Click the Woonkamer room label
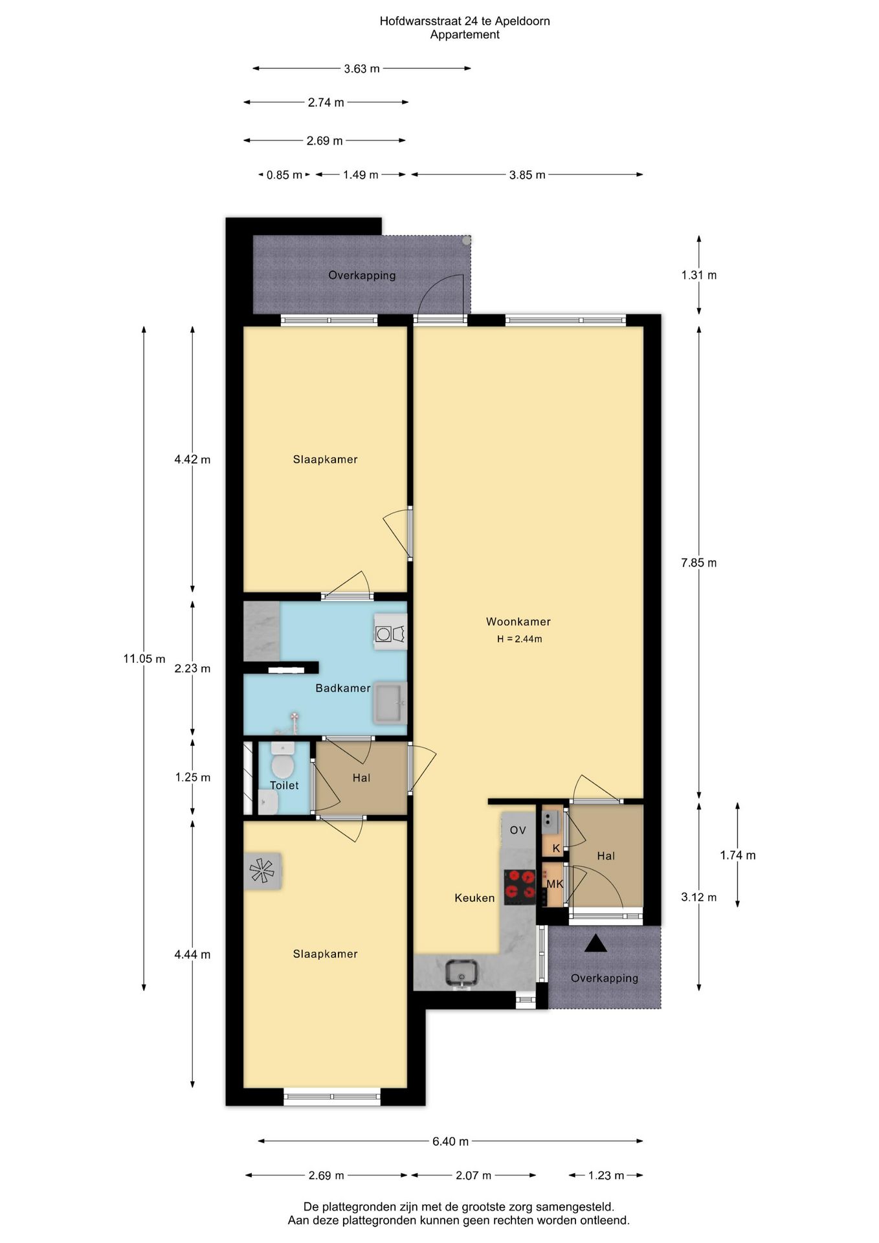(518, 621)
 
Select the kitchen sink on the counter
(462, 972)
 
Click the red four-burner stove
(520, 886)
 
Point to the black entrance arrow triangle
(595, 944)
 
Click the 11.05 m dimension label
(144, 658)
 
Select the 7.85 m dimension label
(698, 563)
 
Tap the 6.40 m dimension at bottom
(451, 1141)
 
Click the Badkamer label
(342, 688)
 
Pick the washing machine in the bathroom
(390, 633)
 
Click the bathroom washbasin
(390, 702)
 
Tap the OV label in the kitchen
(518, 830)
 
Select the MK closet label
(555, 884)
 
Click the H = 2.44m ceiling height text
(519, 639)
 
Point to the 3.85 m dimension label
(527, 175)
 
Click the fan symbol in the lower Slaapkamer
(262, 870)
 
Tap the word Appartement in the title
(465, 35)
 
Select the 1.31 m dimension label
(698, 275)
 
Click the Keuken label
(474, 898)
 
